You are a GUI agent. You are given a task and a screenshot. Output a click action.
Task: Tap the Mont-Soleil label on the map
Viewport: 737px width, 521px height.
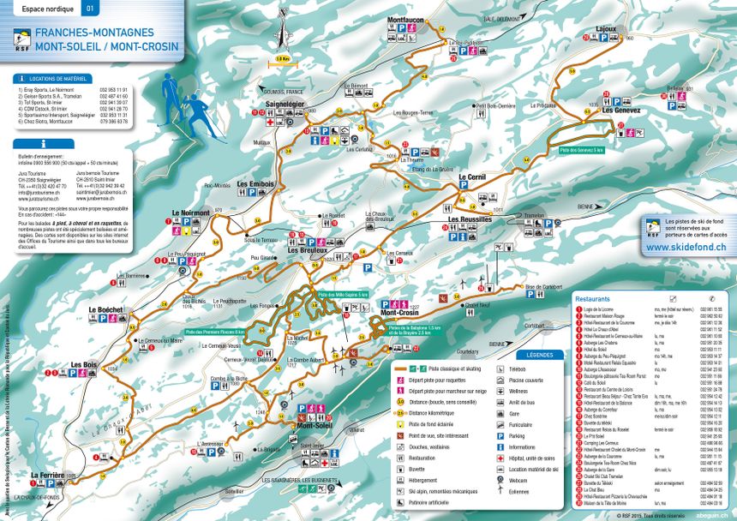click(x=314, y=425)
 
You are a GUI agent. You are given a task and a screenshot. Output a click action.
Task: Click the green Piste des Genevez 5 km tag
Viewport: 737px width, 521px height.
click(x=582, y=149)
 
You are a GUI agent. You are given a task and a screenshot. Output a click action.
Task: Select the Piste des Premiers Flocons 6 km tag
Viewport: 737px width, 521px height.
click(x=213, y=332)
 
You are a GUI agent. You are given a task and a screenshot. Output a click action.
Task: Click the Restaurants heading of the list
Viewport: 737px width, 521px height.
click(x=593, y=298)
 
